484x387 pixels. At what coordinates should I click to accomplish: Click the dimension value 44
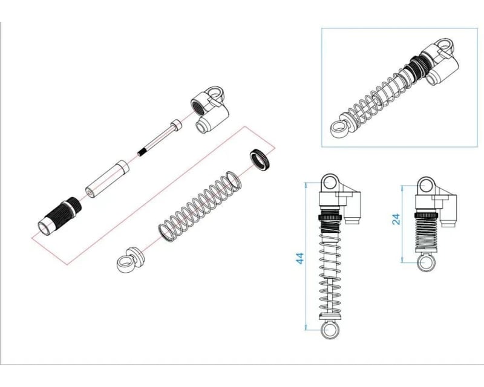click(x=299, y=258)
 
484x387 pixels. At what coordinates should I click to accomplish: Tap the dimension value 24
click(x=396, y=218)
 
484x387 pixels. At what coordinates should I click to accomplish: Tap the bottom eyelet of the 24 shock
click(x=425, y=262)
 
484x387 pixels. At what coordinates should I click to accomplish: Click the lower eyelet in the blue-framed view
click(x=337, y=126)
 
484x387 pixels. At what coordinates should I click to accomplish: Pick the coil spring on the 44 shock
click(x=330, y=272)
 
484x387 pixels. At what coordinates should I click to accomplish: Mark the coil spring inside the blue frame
click(x=378, y=94)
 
